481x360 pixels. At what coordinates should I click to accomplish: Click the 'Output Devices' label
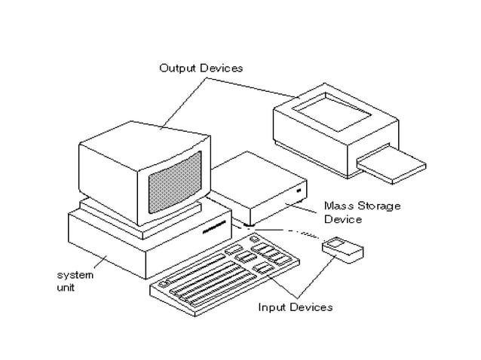tap(201, 69)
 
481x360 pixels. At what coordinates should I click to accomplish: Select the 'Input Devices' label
tap(295, 307)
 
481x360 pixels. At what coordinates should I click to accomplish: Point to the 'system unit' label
tap(75, 281)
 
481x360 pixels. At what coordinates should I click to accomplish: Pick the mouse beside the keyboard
tap(342, 249)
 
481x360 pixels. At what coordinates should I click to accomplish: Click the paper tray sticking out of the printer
tap(391, 166)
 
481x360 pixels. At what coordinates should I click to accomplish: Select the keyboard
tap(226, 275)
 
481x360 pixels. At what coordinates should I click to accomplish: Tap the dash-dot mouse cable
tap(290, 230)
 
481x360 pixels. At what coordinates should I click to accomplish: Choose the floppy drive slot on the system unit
tap(216, 224)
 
